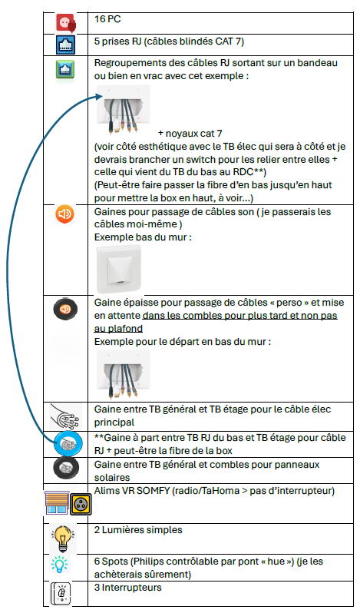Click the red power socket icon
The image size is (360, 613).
pos(65,23)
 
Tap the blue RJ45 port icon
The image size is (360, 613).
pos(65,45)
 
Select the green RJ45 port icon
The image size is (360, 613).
pos(64,69)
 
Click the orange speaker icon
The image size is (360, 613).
pos(64,214)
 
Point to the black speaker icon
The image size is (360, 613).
pos(65,309)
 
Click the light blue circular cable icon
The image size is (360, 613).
pos(68,444)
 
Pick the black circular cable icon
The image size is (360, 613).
pos(65,469)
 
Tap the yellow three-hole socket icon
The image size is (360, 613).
pos(81,505)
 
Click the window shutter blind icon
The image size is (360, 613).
pos(57,503)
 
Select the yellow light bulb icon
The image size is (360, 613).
pos(62,538)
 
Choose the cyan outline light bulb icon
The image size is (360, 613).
pos(59,565)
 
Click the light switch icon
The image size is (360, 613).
pos(61,594)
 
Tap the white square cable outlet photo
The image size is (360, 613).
pos(118,269)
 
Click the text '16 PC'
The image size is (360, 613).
pos(107,18)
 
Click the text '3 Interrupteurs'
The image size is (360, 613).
pos(127,587)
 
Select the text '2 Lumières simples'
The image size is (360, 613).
pos(138,530)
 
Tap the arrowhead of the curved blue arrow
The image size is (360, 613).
pos(99,96)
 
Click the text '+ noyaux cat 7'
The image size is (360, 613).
pos(190,134)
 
